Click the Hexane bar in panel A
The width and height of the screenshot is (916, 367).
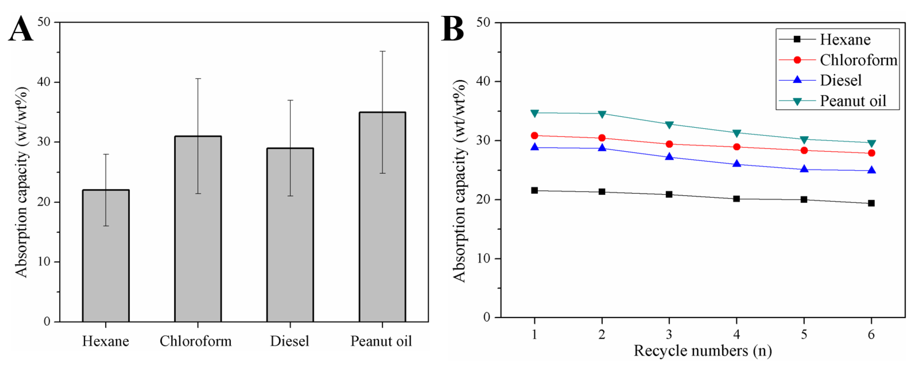(106, 256)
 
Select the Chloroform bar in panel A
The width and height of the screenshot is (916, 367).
(198, 229)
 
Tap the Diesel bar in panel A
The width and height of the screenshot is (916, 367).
(290, 235)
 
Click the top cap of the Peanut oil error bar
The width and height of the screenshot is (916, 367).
(382, 52)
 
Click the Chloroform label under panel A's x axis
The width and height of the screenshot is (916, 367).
(196, 341)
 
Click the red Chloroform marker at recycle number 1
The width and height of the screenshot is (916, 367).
(534, 135)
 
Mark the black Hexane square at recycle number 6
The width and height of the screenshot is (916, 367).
(871, 203)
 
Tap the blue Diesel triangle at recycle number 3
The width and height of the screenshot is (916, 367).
(669, 157)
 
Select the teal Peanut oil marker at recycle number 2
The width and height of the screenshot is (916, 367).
(602, 114)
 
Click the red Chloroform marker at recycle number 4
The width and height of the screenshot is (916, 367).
(737, 147)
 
